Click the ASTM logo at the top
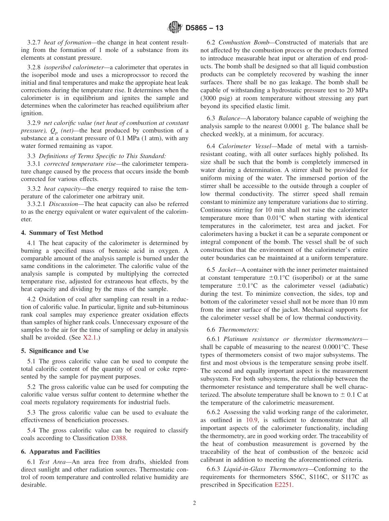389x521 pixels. point(175,28)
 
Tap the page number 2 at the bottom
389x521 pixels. point(194,503)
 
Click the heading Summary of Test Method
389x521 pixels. point(62,233)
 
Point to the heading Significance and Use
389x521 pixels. point(54,351)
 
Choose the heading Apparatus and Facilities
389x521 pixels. point(60,451)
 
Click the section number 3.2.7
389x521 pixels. point(34,42)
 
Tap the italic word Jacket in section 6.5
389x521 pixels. point(227,270)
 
